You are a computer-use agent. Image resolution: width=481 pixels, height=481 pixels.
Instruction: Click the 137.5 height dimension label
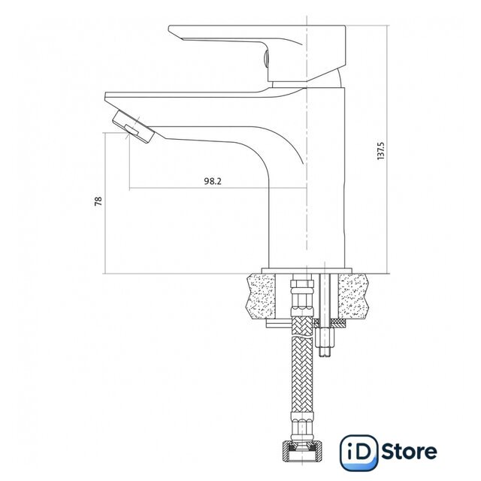coord(381,151)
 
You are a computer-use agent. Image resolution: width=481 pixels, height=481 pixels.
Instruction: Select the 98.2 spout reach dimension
coord(213,181)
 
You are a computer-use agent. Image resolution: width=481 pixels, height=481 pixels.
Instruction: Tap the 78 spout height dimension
coord(98,201)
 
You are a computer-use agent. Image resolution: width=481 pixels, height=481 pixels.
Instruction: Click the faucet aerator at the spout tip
coord(133,127)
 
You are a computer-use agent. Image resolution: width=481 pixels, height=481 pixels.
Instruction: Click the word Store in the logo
coord(409,452)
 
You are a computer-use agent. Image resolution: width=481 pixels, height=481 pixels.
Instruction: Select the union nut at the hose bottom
coord(302,451)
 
